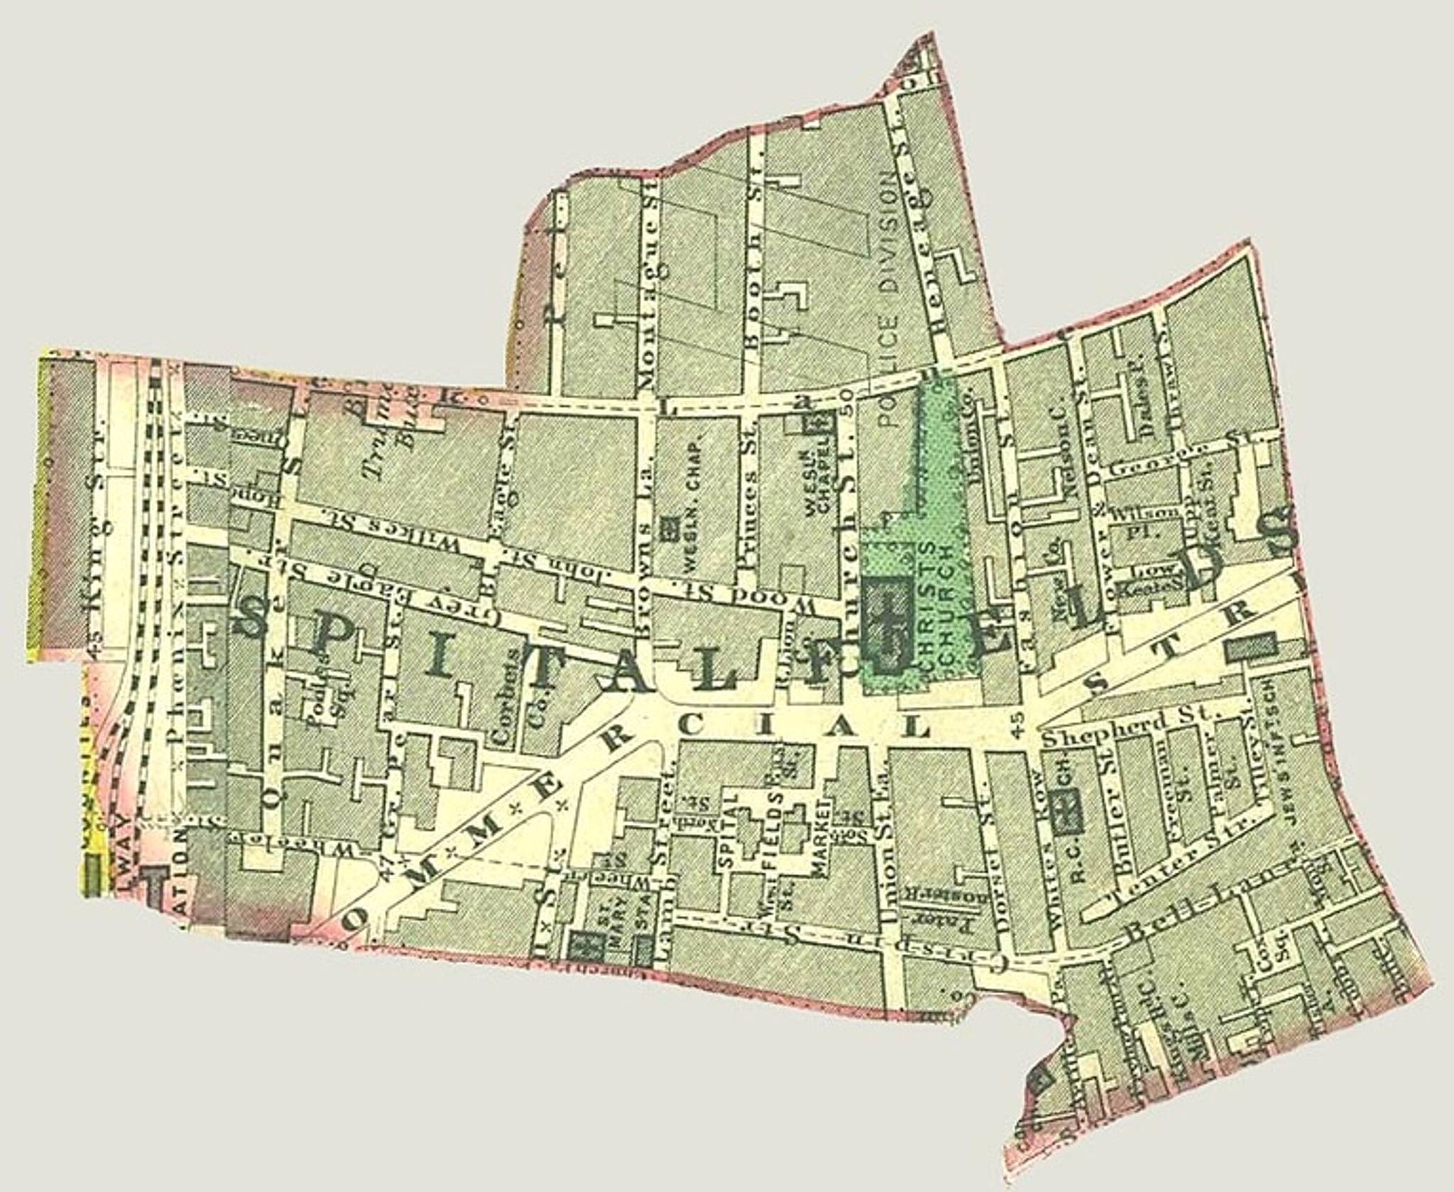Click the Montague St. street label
pos(648,241)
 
